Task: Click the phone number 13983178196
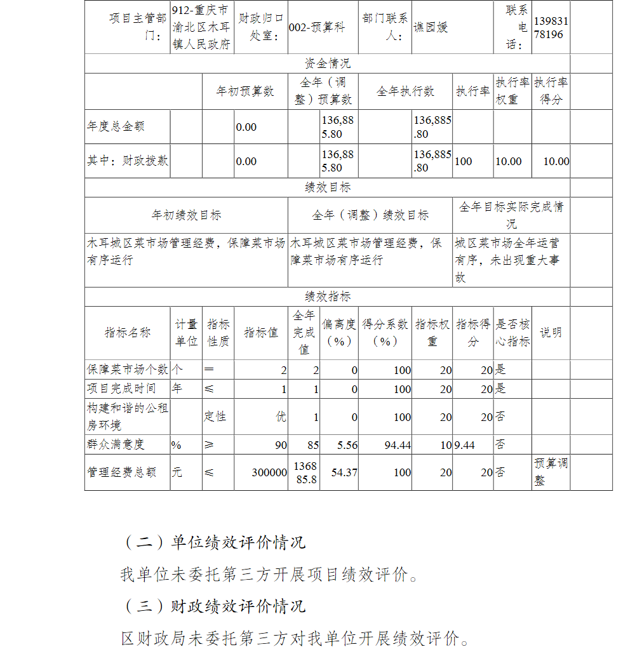pos(551,28)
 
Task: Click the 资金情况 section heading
pos(327,63)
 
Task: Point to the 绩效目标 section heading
pos(327,187)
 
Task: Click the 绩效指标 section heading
pos(327,297)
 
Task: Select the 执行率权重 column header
pos(512,91)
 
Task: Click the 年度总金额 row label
pos(116,126)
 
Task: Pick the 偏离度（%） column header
pos(339,332)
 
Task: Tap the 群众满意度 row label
pos(116,444)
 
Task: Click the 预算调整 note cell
pos(550,472)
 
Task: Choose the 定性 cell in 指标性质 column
pos(215,417)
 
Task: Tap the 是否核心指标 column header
pos(512,332)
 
